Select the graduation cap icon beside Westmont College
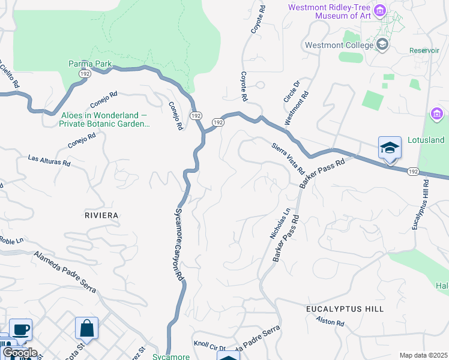(382, 44)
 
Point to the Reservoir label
(424, 50)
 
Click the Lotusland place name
(424, 140)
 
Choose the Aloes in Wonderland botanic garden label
(104, 119)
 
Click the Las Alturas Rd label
(50, 161)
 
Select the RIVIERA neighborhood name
(101, 215)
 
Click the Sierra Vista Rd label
(289, 158)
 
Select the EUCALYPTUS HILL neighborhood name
(345, 308)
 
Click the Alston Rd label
(331, 322)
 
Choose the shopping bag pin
(86, 328)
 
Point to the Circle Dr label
(291, 92)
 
